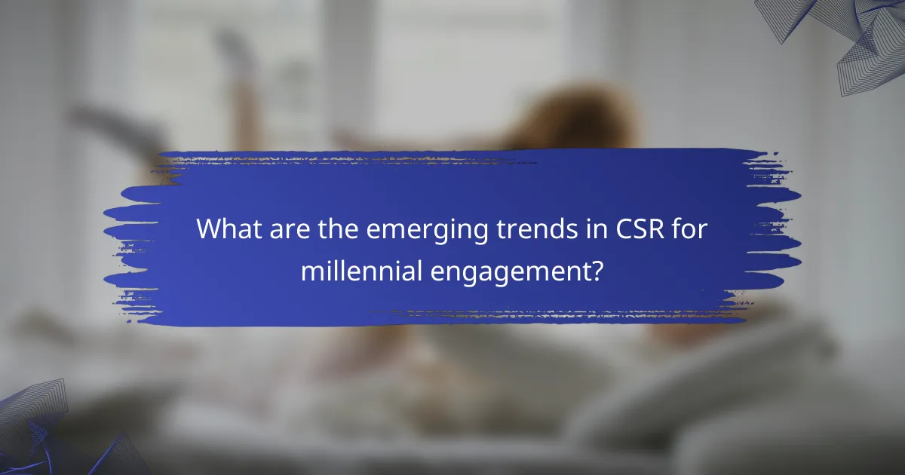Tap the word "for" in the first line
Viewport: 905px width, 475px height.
coord(655,230)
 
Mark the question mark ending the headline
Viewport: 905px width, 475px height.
coord(597,269)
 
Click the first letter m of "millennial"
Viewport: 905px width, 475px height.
coord(309,271)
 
